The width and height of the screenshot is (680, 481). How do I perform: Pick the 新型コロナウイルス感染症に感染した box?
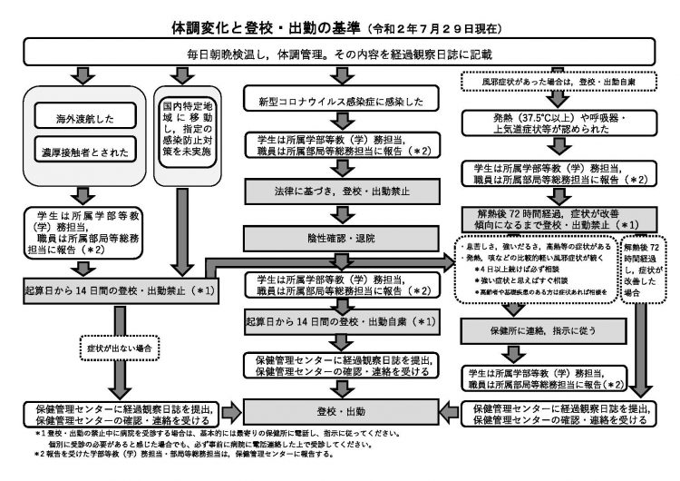click(x=339, y=101)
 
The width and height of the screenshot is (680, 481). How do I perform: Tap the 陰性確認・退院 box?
click(x=339, y=238)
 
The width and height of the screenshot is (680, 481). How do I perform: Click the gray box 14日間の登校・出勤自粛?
click(x=339, y=322)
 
